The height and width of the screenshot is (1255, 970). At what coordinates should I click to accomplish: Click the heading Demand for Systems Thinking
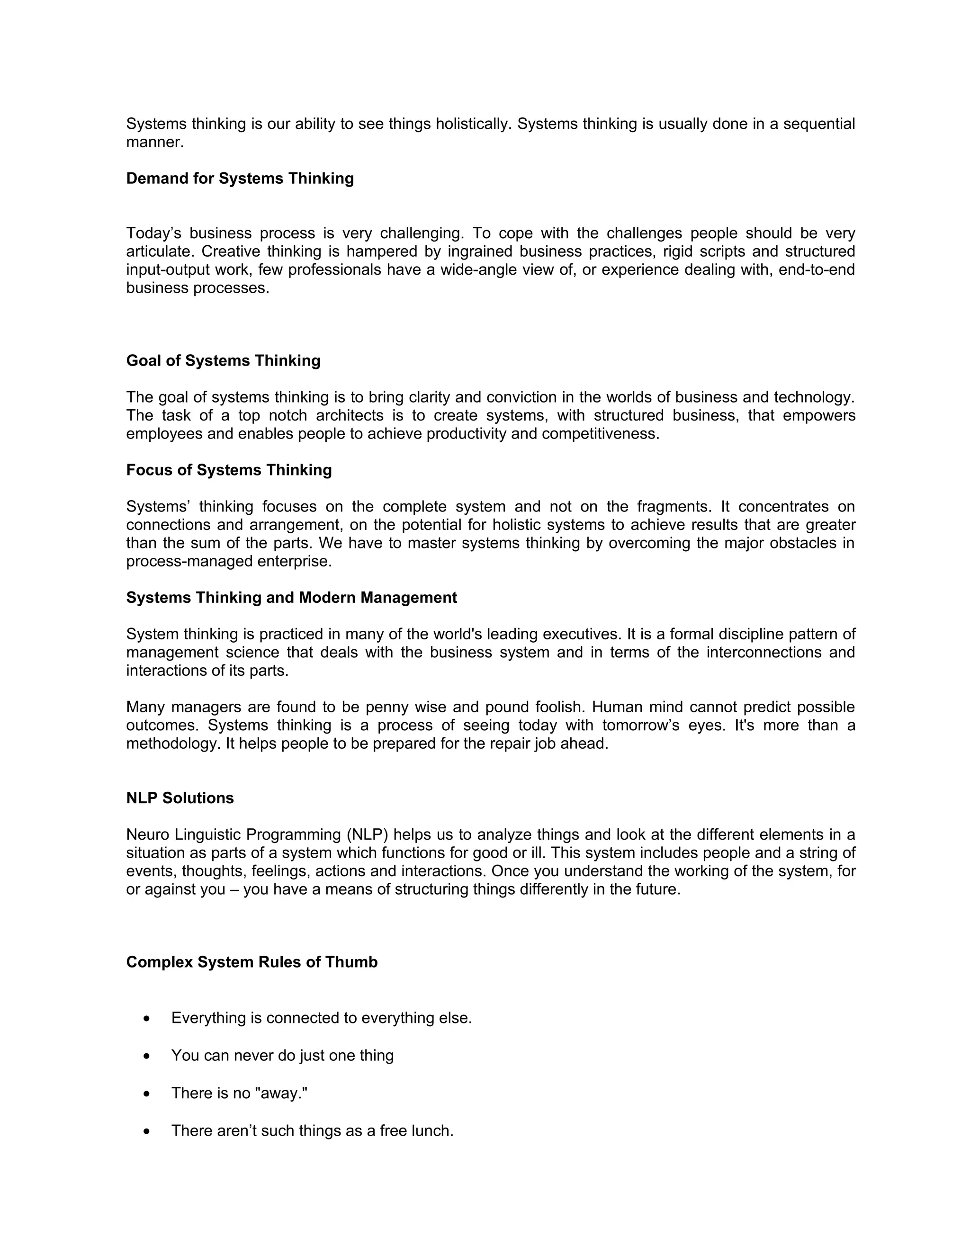240,179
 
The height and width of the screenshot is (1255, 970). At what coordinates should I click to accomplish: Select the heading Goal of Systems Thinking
223,361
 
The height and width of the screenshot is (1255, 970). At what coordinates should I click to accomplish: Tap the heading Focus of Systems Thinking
229,470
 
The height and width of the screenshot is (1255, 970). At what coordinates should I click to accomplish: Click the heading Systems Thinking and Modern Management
291,598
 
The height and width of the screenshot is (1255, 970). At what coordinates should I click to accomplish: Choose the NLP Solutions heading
180,798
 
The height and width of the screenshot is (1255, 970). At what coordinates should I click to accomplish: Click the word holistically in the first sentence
473,124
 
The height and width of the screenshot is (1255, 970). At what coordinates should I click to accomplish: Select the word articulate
159,251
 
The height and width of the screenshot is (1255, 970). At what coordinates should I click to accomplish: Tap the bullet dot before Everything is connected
148,1019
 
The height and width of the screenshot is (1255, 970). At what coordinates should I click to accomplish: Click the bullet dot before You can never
148,1056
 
